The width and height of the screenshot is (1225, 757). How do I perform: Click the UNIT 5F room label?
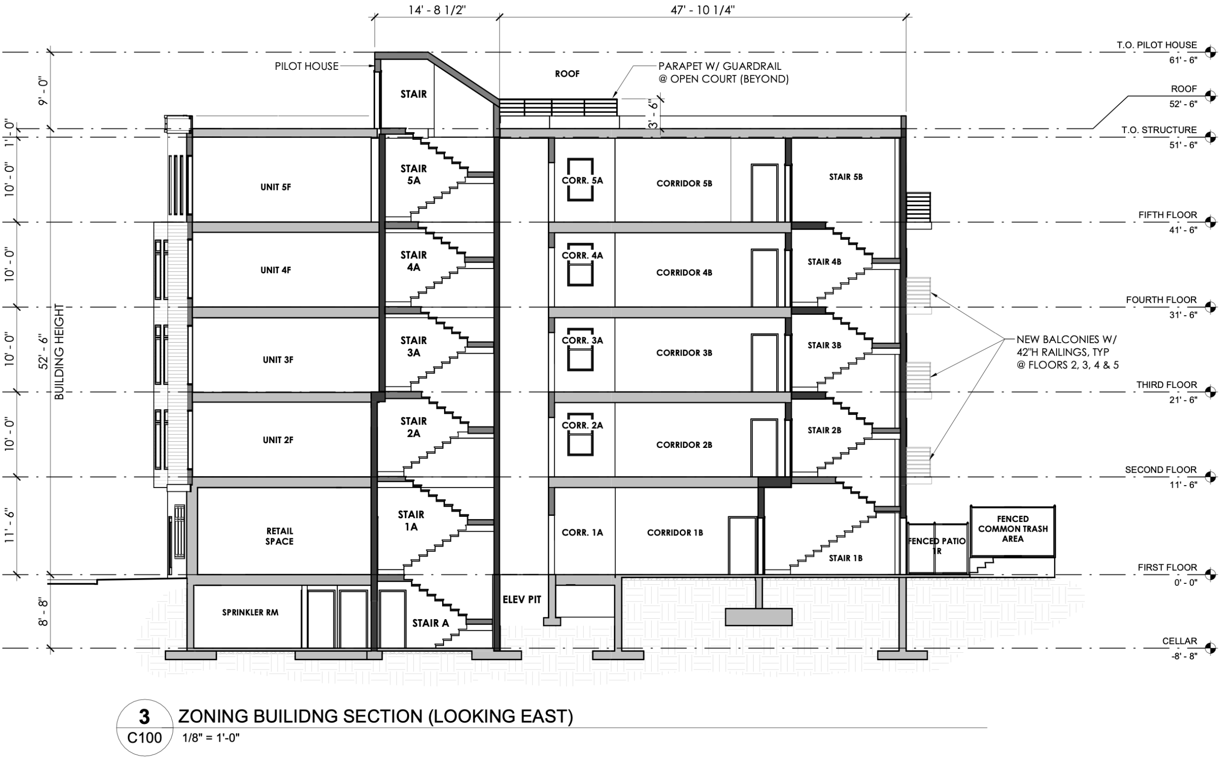pyautogui.click(x=275, y=187)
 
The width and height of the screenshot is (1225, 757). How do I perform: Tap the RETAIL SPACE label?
pyautogui.click(x=279, y=536)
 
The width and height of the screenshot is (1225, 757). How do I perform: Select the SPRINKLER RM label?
pyautogui.click(x=250, y=612)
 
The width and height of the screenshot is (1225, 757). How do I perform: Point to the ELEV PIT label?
pyautogui.click(x=522, y=599)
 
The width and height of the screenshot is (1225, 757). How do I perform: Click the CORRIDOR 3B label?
pyautogui.click(x=684, y=353)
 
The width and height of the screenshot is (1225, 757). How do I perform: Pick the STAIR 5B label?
pyautogui.click(x=846, y=177)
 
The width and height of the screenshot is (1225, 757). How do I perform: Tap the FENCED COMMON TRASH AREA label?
pyautogui.click(x=1013, y=529)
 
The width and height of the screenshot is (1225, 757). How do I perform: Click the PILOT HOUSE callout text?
pyautogui.click(x=306, y=66)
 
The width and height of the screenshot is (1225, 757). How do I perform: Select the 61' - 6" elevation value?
pyautogui.click(x=1183, y=60)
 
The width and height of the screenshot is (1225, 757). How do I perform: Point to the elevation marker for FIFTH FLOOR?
pyautogui.click(x=1210, y=222)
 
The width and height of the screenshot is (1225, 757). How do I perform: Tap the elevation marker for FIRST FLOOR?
pyautogui.click(x=1210, y=574)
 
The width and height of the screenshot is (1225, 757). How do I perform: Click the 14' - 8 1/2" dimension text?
pyautogui.click(x=437, y=10)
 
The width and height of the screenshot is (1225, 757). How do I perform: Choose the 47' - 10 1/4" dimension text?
pyautogui.click(x=703, y=10)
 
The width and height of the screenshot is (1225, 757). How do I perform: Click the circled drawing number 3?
pyautogui.click(x=144, y=717)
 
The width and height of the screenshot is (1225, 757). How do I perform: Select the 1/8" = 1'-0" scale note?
pyautogui.click(x=211, y=737)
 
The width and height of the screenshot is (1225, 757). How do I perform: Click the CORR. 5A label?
pyautogui.click(x=582, y=181)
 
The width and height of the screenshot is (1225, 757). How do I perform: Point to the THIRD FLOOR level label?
pyautogui.click(x=1166, y=385)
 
